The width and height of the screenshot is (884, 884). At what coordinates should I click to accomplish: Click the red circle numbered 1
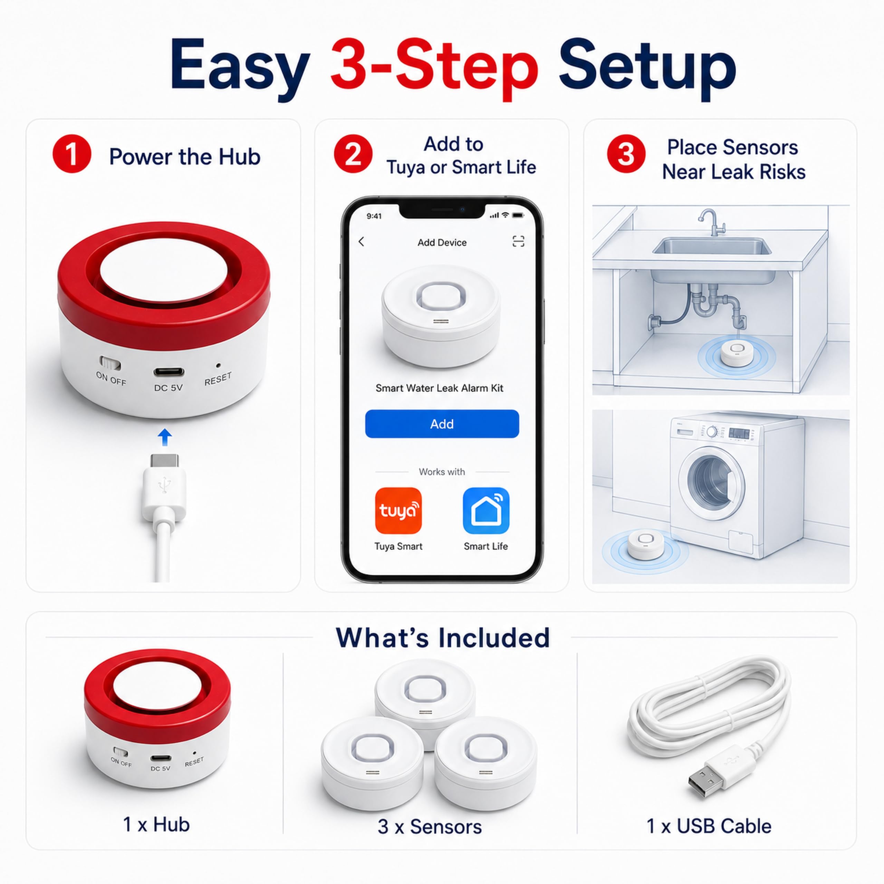pos(72,154)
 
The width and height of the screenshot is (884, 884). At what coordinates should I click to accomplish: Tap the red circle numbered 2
pos(353,154)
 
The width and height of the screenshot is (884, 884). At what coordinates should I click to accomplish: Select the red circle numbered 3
pos(626,154)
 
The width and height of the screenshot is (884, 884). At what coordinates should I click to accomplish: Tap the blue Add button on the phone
pos(442,424)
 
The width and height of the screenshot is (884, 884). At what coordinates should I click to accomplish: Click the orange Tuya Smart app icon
pos(398,511)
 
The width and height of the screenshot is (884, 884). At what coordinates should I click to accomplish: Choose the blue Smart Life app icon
pos(486,511)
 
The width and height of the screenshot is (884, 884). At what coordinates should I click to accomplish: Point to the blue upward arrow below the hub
pos(165,437)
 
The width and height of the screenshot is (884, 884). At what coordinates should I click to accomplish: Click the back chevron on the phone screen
pos(362,242)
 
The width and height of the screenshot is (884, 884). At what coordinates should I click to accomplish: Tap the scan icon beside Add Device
pos(518,242)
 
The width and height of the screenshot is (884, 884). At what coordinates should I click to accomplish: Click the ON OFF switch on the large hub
pos(110,364)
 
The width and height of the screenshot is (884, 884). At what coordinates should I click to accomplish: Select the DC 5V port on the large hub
pos(169,372)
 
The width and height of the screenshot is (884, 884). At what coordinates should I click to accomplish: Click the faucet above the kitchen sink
pos(711,222)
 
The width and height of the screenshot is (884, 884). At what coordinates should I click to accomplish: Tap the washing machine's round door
pos(711,483)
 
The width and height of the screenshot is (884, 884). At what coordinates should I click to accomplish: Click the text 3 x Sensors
pos(430,827)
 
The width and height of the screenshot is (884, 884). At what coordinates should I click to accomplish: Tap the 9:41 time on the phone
pos(374,216)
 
